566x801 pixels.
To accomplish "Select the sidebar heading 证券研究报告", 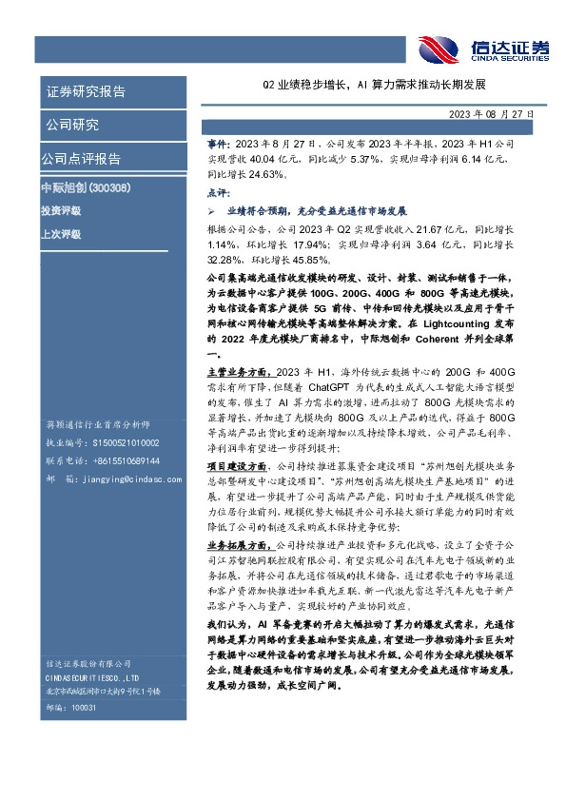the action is pos(86,92).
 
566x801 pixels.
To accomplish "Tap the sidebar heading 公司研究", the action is pos(72,125).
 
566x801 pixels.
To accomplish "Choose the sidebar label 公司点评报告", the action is pos(81,158).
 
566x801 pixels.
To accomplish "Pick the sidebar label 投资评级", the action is pos(60,210).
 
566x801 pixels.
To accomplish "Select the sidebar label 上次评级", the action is pos(60,233).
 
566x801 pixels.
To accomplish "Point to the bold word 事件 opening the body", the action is pos(217,141).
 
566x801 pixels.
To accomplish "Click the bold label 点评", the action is pos(217,190).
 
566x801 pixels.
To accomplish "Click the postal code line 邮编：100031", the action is pos(65,735).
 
